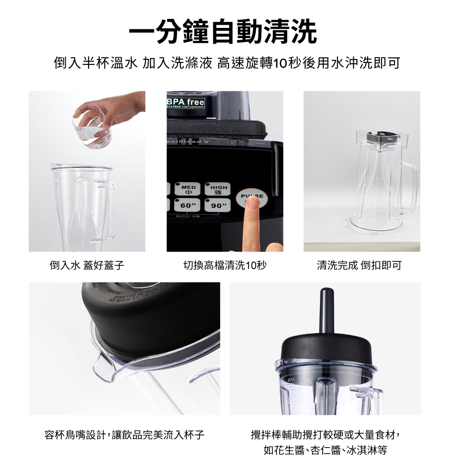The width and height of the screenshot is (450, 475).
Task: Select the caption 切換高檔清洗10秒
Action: [x=225, y=265]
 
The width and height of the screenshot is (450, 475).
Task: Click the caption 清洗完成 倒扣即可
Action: [x=359, y=265]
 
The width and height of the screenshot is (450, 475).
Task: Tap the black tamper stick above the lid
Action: [x=325, y=310]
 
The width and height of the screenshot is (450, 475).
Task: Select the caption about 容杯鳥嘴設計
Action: [x=124, y=435]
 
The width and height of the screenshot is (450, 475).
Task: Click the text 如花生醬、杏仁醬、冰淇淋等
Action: [x=325, y=450]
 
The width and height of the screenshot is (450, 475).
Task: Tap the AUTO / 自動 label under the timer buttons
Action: [x=189, y=217]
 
